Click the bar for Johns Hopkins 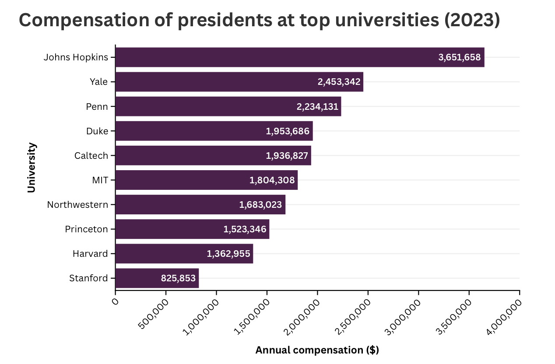point(299,57)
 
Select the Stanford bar point(157,278)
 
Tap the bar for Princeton point(192,229)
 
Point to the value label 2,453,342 point(339,82)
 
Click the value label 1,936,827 point(287,156)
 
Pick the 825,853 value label point(178,278)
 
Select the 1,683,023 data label point(260,205)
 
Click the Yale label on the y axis point(98,82)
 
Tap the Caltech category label point(91,156)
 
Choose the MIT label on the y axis point(100,180)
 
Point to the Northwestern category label point(77,205)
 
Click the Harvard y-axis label point(90,254)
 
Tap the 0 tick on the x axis point(116,301)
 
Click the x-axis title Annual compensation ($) point(317,350)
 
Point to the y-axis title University point(31,168)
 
